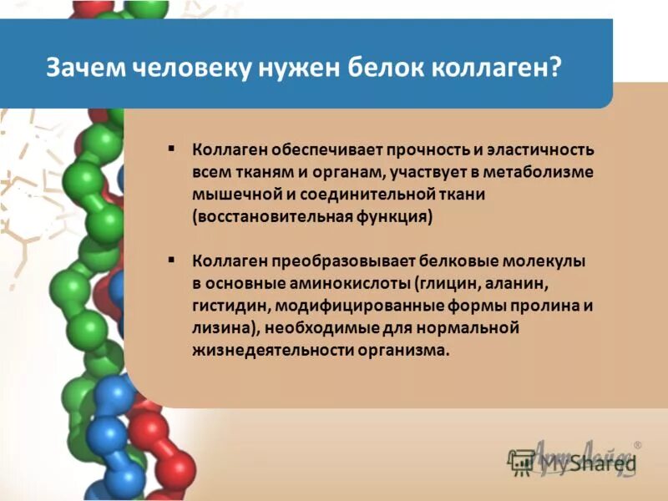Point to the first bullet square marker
[171, 148]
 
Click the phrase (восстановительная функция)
[312, 215]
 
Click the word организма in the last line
[404, 349]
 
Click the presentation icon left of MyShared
[522, 462]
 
